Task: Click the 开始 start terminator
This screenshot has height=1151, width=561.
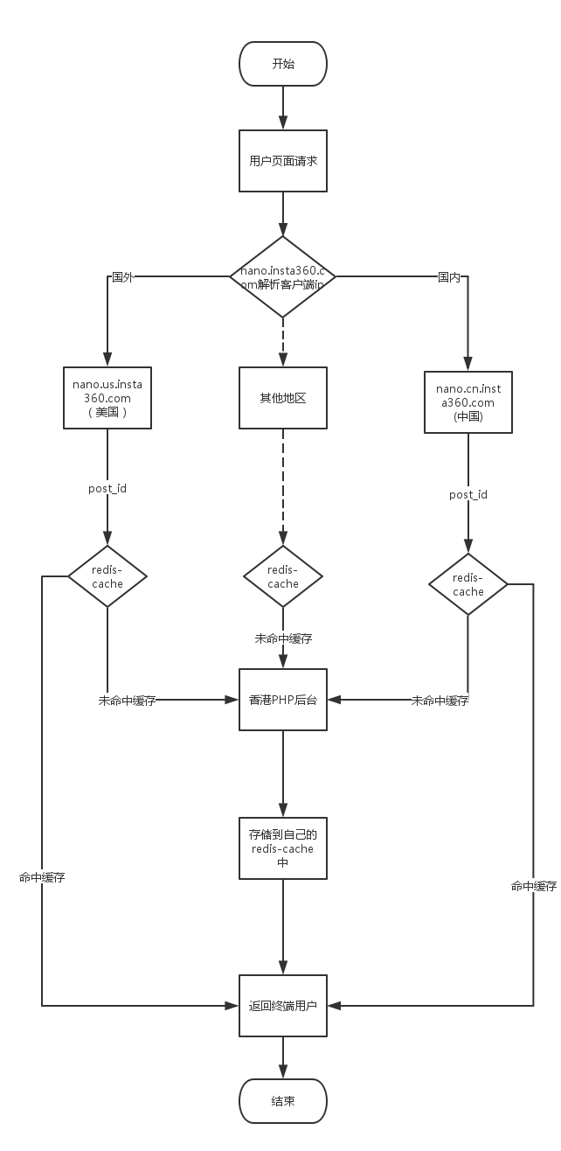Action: tap(283, 64)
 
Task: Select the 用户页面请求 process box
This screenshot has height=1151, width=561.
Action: tap(283, 161)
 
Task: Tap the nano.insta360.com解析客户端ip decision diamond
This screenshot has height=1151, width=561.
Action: tap(283, 276)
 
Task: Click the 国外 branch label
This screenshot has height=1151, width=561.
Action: tap(122, 277)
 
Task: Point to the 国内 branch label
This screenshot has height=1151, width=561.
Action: tap(449, 277)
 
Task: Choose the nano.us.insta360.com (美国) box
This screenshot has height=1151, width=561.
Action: tap(107, 397)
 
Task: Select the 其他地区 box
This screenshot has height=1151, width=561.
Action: tap(283, 397)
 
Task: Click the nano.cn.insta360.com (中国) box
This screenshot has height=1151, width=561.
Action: tap(468, 402)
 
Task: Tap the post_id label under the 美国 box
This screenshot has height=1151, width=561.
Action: tap(107, 487)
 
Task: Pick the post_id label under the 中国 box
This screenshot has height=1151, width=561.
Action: tap(468, 494)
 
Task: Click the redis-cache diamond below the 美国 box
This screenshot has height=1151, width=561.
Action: tap(107, 575)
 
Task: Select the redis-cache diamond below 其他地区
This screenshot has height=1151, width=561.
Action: tap(283, 575)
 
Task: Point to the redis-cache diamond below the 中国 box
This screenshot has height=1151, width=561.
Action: tap(468, 584)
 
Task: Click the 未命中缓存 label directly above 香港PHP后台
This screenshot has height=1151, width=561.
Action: tap(283, 638)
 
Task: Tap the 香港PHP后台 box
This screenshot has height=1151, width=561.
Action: tap(283, 700)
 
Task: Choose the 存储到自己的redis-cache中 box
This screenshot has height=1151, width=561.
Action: tap(283, 848)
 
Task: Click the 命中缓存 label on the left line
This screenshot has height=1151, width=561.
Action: tap(42, 877)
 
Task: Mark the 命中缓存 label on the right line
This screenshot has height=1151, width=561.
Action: tap(534, 886)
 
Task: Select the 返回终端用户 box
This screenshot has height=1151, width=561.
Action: tap(283, 1006)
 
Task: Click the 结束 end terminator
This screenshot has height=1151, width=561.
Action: tap(283, 1101)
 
